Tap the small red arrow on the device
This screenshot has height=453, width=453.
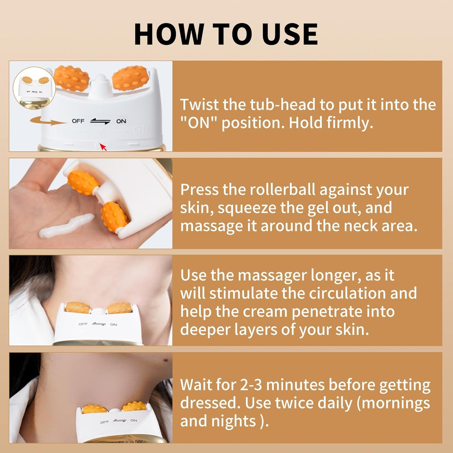tap(103, 147)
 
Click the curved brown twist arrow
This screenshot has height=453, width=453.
tap(48, 121)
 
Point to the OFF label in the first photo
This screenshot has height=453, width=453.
tap(78, 121)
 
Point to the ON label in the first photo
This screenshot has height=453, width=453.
tap(121, 121)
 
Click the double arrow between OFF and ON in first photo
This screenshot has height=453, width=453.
tap(100, 121)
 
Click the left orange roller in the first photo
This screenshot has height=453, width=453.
tap(71, 78)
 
